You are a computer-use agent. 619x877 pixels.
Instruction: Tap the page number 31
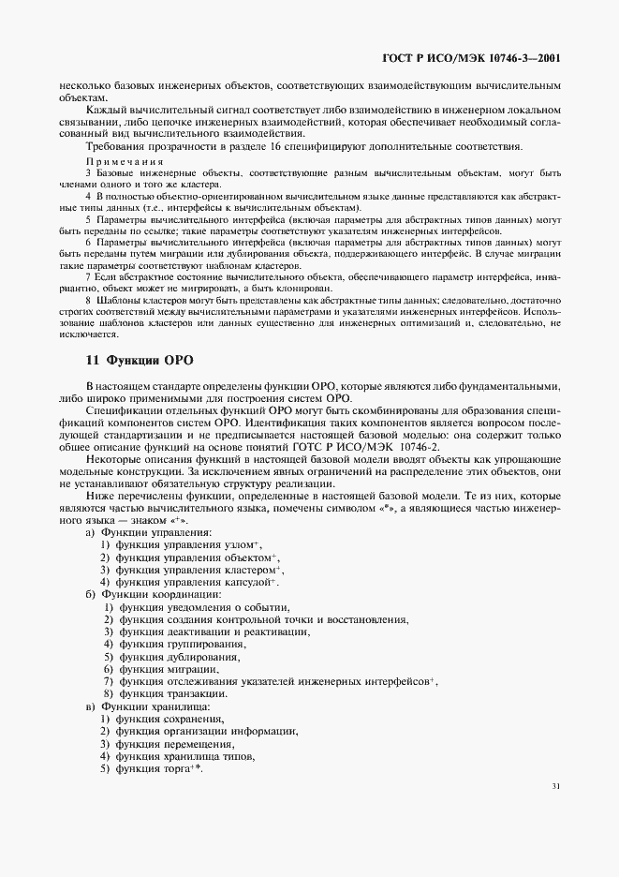tap(556, 788)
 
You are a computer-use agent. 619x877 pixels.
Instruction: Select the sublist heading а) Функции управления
tap(148, 531)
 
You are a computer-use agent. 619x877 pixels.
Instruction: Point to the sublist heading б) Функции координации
tap(153, 594)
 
